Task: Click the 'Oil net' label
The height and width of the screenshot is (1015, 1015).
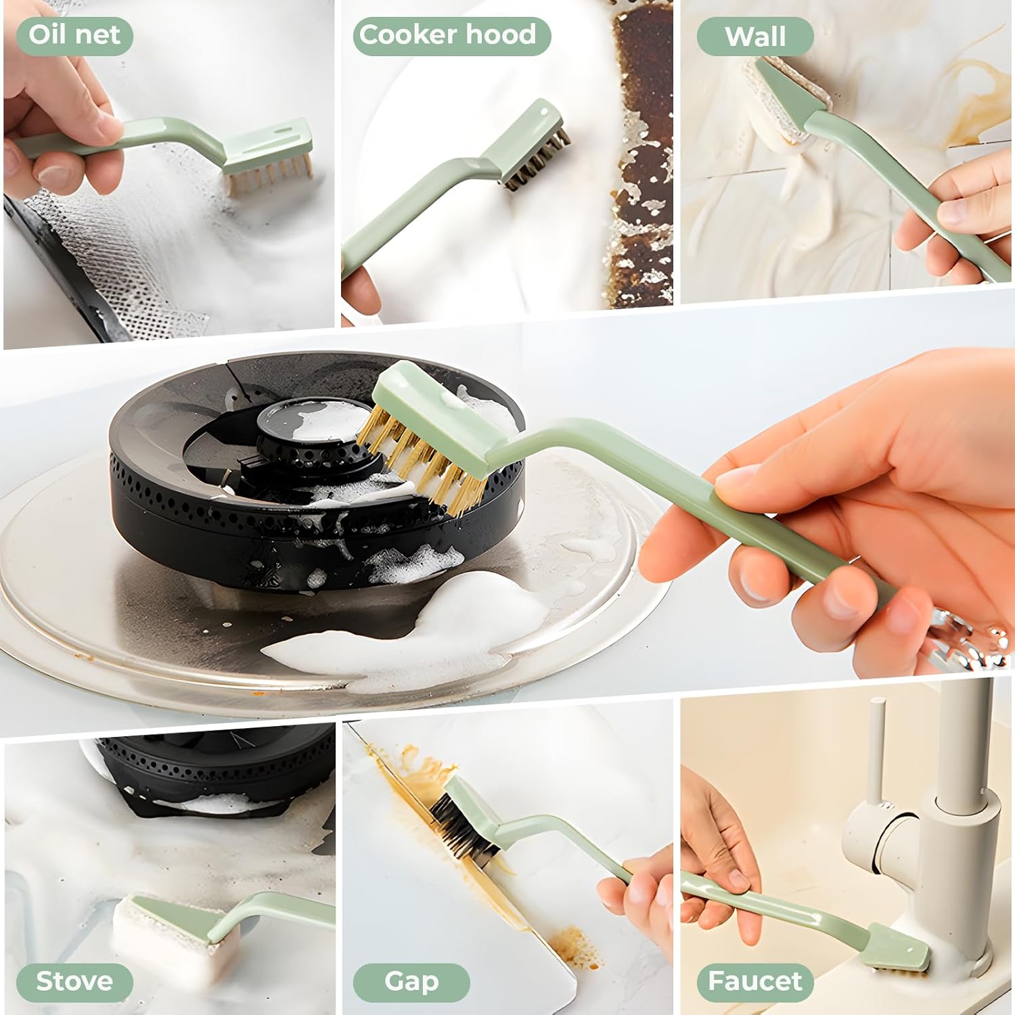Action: click(x=74, y=35)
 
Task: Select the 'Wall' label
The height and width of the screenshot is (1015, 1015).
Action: click(x=754, y=37)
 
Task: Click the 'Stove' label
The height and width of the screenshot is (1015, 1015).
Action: click(x=74, y=981)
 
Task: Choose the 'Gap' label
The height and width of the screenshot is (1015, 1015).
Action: click(x=411, y=981)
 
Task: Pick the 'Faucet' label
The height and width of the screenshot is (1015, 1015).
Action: click(x=754, y=981)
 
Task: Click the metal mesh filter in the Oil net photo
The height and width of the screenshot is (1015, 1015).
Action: click(x=115, y=264)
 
